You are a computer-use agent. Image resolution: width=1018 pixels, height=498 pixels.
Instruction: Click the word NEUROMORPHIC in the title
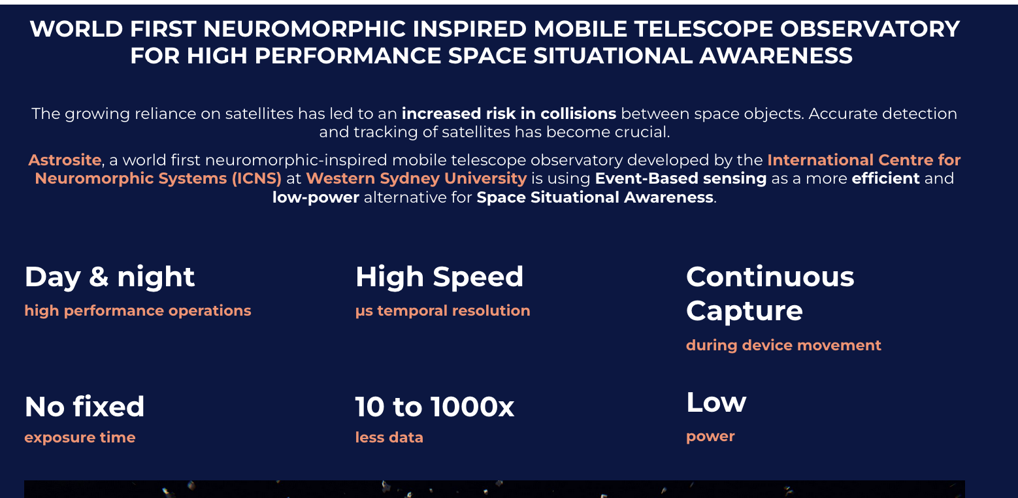(x=304, y=29)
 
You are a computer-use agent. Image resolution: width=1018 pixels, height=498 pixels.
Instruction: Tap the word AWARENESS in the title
(x=776, y=56)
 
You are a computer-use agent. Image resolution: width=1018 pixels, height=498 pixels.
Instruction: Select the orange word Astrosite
(x=65, y=160)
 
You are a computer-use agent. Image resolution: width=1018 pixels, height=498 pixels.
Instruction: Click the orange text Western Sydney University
(x=416, y=178)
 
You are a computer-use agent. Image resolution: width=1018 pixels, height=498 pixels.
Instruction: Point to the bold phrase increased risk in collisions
(x=508, y=114)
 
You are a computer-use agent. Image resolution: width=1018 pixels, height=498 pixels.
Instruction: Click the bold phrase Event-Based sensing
(x=680, y=178)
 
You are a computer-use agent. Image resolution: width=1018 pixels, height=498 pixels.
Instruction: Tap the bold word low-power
(x=316, y=197)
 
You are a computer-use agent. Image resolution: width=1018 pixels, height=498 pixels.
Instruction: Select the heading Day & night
(x=110, y=277)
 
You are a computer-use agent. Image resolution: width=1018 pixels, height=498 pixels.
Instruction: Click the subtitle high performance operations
(x=138, y=311)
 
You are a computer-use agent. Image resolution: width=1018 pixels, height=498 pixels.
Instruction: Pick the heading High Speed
(x=440, y=276)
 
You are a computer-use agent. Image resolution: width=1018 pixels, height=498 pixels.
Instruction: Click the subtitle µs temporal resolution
(x=442, y=311)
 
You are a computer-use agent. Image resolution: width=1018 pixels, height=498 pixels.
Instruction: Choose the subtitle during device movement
(x=783, y=345)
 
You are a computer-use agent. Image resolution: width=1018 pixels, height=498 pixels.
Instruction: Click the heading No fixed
(x=84, y=407)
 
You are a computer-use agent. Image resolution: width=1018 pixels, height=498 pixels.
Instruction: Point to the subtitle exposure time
(x=80, y=438)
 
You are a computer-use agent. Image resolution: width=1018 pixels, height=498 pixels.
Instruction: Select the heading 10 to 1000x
(x=435, y=407)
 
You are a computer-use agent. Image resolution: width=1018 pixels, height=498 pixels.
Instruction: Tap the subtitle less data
(x=389, y=438)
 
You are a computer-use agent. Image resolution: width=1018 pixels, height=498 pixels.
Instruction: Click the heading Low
(x=716, y=403)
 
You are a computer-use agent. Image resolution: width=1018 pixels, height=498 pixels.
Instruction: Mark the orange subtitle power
(x=710, y=437)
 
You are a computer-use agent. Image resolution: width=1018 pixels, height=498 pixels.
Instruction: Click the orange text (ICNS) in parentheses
(x=257, y=178)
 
